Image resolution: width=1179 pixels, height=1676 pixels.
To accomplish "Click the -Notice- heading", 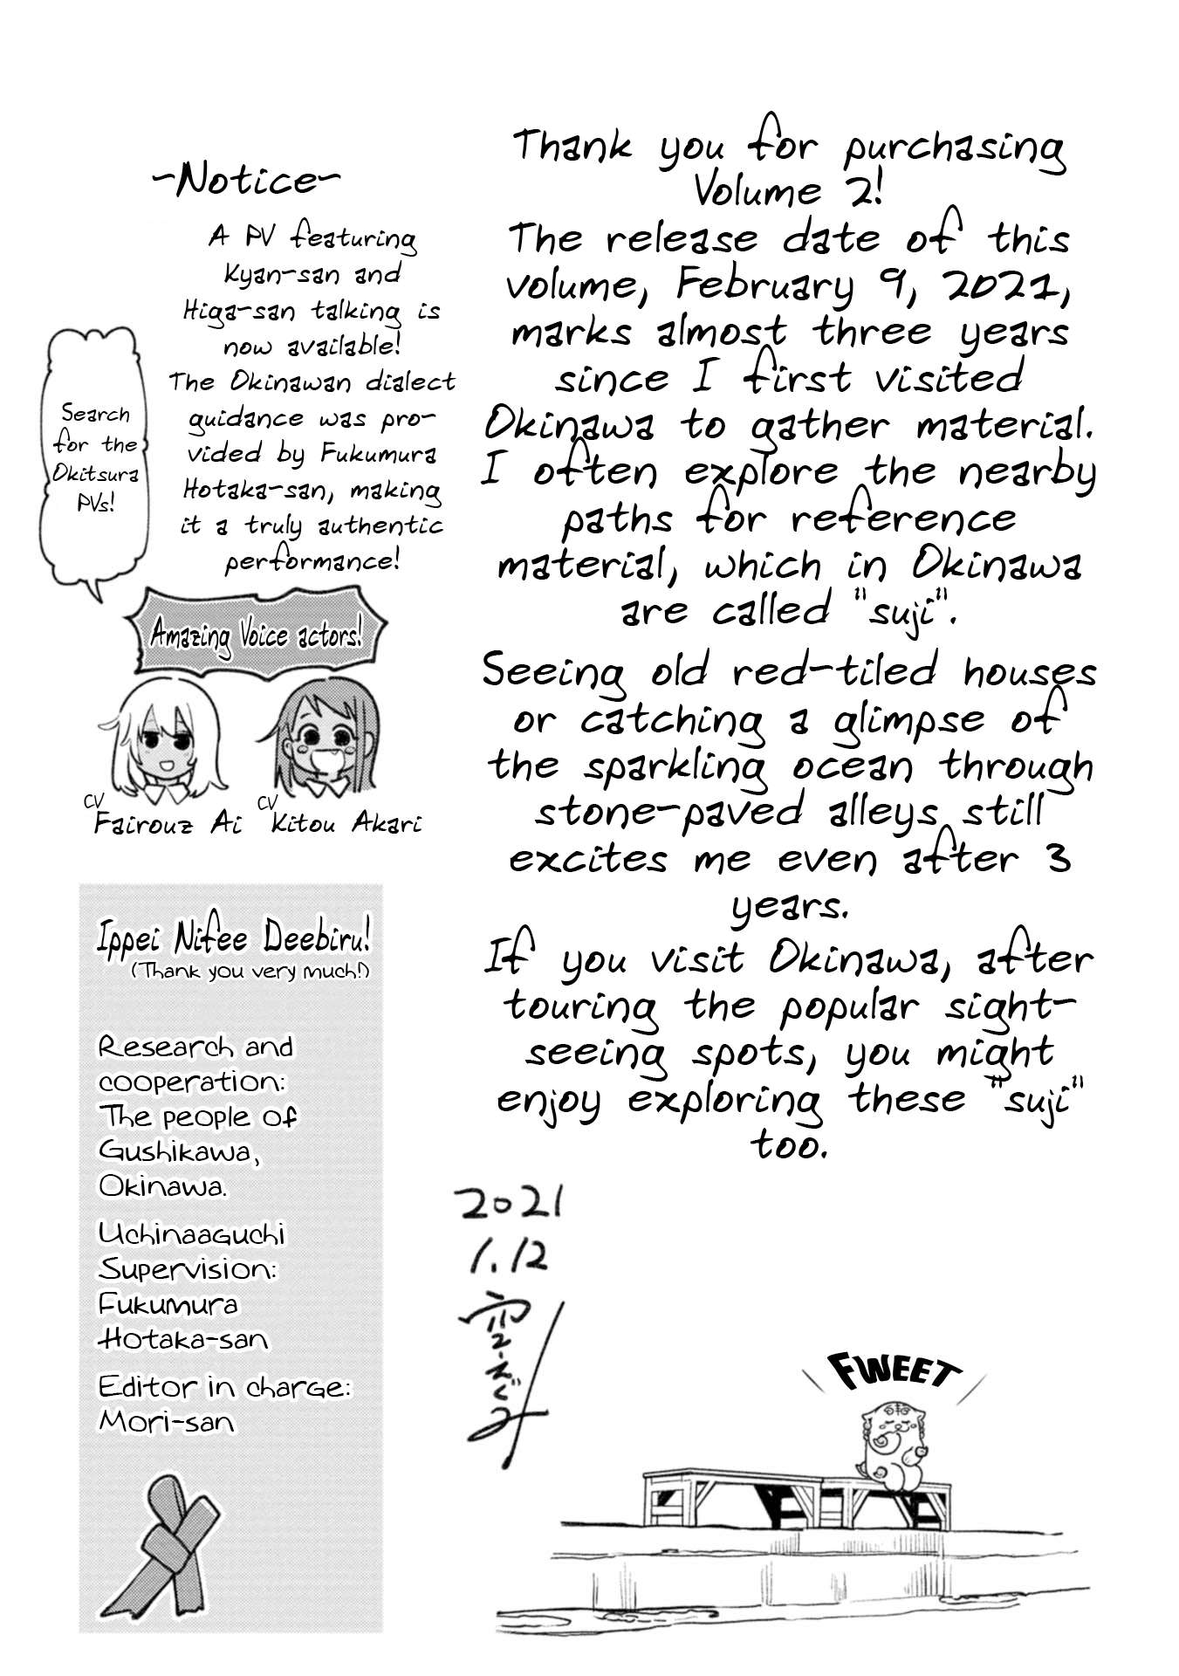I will pyautogui.click(x=247, y=181).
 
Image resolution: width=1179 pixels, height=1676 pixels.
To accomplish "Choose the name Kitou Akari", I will pyautogui.click(x=346, y=823).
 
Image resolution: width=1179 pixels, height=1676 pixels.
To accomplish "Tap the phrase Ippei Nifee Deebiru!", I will pyautogui.click(x=234, y=938).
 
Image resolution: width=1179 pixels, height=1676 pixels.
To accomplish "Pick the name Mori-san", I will pyautogui.click(x=167, y=1422).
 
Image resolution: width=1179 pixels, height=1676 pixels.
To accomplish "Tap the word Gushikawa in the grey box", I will pyautogui.click(x=179, y=1151).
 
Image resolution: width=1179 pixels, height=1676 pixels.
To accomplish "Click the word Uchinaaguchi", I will pyautogui.click(x=191, y=1233).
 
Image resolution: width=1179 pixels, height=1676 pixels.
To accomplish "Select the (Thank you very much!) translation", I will pyautogui.click(x=250, y=972).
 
